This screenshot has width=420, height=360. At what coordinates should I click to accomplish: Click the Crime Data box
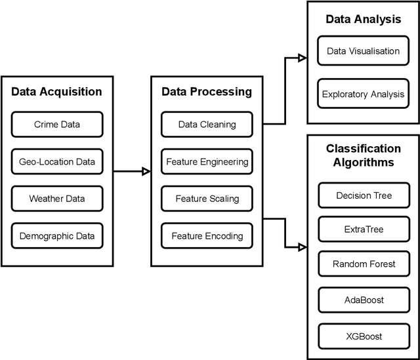[57, 125]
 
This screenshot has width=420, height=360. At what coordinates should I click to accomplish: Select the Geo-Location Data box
[57, 161]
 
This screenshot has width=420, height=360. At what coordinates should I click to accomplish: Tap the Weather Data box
[57, 198]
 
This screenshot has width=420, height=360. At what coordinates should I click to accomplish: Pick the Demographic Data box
[57, 235]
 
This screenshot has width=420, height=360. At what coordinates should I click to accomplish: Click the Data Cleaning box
[207, 125]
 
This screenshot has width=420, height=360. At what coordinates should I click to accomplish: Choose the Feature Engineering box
[207, 161]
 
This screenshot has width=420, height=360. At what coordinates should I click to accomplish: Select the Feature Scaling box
[207, 198]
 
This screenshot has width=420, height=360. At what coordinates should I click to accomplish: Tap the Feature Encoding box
[207, 235]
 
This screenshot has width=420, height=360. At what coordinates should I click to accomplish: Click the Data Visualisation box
[363, 51]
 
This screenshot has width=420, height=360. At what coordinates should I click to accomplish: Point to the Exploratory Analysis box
[363, 94]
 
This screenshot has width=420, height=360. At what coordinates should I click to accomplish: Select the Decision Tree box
[363, 195]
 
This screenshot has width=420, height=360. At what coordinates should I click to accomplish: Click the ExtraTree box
[363, 230]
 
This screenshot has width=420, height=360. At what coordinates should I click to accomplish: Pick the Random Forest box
[363, 264]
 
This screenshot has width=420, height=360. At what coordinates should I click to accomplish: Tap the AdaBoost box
[363, 300]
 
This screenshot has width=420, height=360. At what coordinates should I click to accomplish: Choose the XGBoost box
[363, 336]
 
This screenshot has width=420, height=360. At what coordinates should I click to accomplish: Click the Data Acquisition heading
[57, 92]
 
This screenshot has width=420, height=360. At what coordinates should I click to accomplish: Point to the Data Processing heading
[207, 92]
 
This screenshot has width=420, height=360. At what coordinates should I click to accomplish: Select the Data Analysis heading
[363, 19]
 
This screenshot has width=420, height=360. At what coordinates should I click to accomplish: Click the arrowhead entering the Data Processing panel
[146, 172]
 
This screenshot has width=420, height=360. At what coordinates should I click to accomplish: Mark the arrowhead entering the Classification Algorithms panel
[302, 247]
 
